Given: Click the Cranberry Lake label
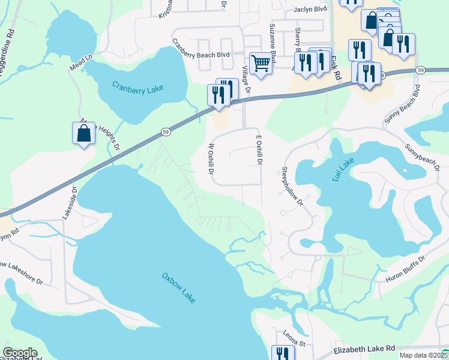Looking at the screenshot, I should (x=138, y=88).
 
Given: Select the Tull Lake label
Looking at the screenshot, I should (x=344, y=170).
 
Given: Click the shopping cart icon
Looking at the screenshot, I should (x=261, y=62).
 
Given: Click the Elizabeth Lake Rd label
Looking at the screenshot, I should (x=364, y=347).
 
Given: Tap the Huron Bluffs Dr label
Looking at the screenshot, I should (x=405, y=266).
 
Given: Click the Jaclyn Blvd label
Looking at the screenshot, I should (x=310, y=10).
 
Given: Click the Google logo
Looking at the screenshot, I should (x=20, y=353).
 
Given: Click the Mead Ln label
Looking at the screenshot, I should (x=82, y=61).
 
